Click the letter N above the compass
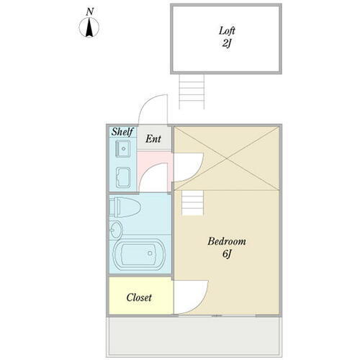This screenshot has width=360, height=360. pos(89,12)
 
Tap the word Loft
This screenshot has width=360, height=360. pos(227,31)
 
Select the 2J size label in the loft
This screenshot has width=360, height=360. pos(227,44)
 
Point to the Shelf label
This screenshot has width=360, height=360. pos(122,132)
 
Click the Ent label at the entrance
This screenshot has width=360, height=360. pos(153,138)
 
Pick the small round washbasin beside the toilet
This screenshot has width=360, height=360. pos(118,231)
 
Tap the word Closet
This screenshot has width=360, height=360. pos(139,297)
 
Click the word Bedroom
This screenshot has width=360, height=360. pos(227,241)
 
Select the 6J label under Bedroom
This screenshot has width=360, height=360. pos(226,255)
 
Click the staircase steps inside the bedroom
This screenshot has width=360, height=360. pos(192,204)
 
